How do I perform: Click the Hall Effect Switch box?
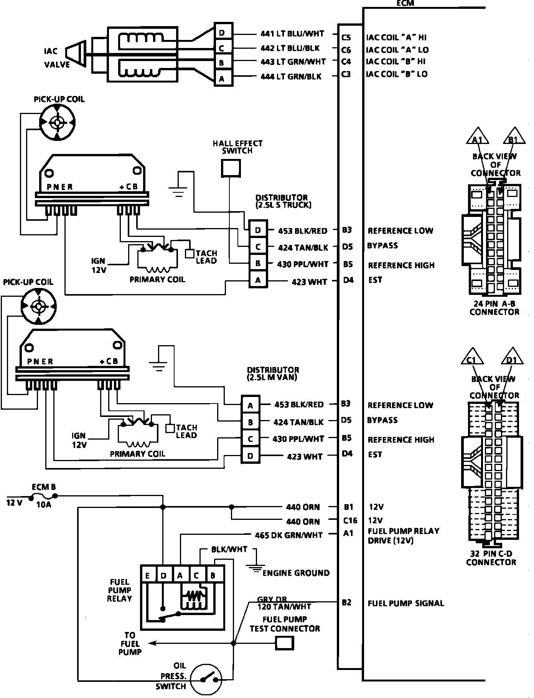click(231, 168)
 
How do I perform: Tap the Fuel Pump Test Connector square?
click(285, 643)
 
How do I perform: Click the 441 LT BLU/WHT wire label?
click(292, 34)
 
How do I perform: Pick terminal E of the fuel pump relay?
click(147, 576)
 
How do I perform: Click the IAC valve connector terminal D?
click(222, 33)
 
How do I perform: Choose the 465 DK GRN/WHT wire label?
click(289, 535)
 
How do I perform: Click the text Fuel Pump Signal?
click(405, 603)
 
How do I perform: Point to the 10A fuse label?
click(43, 505)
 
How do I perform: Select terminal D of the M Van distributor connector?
click(250, 456)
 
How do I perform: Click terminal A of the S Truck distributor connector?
click(258, 281)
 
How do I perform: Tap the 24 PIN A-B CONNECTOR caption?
click(494, 308)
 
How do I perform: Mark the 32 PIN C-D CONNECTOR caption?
click(491, 558)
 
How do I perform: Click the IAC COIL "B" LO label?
click(397, 74)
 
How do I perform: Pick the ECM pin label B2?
click(346, 602)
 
